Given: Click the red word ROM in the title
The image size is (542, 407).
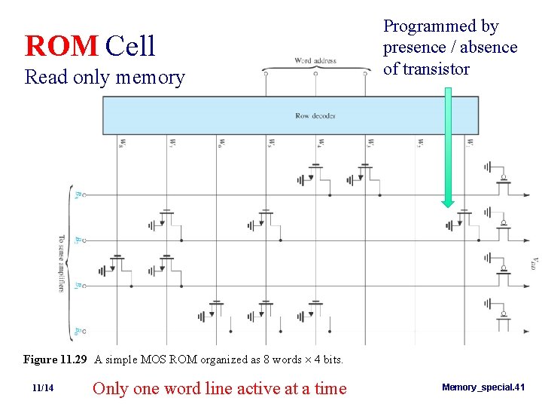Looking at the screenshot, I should (62, 46).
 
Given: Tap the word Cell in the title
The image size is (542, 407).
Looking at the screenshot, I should (130, 46).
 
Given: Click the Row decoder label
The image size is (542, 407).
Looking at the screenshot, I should (315, 115).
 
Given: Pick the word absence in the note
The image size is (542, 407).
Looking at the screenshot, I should (491, 47).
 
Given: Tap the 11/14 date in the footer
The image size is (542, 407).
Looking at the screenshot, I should (43, 388).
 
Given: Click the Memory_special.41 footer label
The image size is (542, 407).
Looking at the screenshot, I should (483, 387).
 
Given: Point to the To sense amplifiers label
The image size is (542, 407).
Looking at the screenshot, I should (62, 264).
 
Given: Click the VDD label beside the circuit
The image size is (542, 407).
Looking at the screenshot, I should (534, 262).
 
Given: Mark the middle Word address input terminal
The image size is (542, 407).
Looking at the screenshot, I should (315, 73).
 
